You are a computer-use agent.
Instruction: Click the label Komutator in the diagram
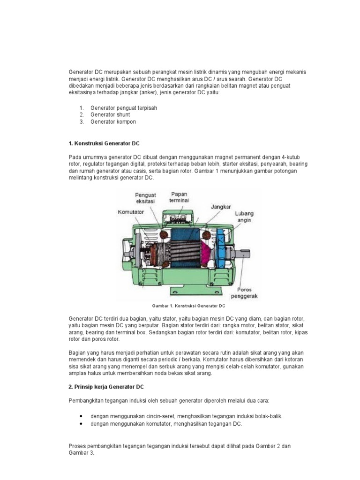tap(130, 212)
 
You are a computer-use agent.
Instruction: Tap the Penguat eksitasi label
tap(145, 198)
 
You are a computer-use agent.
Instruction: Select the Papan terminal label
tap(180, 197)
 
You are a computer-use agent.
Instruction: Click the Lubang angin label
tap(245, 215)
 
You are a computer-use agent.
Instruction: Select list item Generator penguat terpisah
tap(124, 108)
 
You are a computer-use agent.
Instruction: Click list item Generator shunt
tap(110, 114)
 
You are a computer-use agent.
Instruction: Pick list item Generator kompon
tap(113, 121)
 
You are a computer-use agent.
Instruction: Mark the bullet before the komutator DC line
tap(82, 423)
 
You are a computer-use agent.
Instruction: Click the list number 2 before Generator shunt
tap(81, 114)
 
